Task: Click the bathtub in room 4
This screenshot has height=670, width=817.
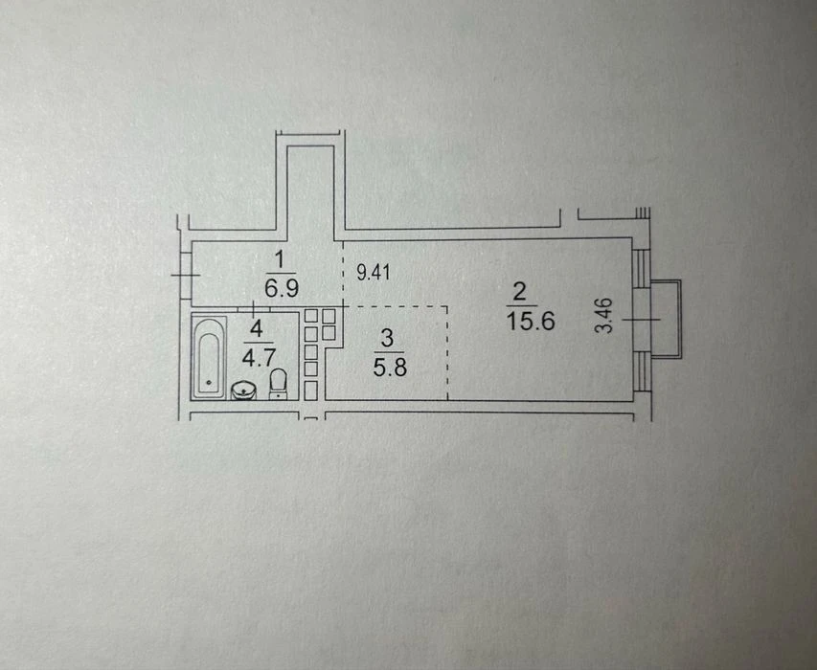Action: click(209, 357)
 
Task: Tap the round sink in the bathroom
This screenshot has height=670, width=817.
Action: click(243, 391)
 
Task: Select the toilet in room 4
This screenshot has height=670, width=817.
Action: click(278, 384)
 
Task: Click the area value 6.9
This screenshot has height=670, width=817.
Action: click(282, 287)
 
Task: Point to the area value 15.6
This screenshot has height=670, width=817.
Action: click(531, 321)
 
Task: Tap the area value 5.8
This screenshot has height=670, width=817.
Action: click(390, 368)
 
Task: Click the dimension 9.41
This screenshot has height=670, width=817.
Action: click(374, 272)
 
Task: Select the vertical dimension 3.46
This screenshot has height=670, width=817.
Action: click(604, 315)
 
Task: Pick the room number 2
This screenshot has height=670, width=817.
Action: click(519, 292)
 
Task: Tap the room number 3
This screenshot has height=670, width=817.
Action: click(387, 339)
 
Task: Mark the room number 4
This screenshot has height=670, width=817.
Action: click(256, 329)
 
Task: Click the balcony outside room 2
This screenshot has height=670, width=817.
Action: click(666, 319)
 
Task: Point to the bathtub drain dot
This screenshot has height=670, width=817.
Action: click(209, 383)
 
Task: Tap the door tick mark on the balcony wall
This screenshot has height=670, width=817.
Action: click(642, 319)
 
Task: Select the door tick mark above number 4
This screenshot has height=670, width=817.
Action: click(254, 309)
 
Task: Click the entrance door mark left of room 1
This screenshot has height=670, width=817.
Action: click(185, 275)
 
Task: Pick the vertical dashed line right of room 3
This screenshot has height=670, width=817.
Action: click(447, 353)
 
